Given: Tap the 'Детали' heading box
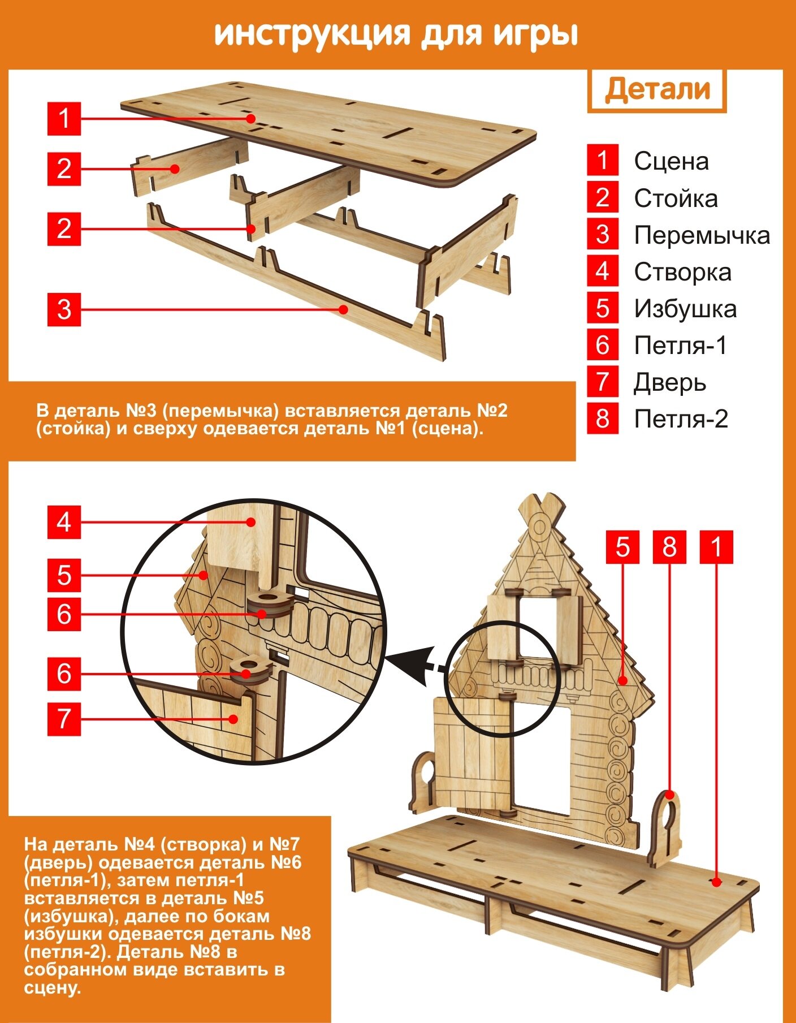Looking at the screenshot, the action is point(656,90).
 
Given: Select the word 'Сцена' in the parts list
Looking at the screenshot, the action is point(671,161).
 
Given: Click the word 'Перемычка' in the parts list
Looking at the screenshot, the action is point(702,235).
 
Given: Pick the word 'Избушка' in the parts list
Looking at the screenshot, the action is point(685,309).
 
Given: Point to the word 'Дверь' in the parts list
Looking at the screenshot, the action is point(670,382).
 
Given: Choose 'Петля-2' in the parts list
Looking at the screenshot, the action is point(681,419).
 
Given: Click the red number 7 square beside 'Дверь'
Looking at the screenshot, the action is point(602,382).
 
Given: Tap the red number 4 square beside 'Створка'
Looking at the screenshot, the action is point(602,271).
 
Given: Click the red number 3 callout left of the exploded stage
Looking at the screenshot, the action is point(64,309).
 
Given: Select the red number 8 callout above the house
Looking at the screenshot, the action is point(669,547).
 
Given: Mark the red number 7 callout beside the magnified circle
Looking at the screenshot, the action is point(64,719).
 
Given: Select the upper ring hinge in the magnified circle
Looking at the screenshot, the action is point(270,605).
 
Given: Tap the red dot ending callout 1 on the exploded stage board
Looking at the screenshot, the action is point(250,118).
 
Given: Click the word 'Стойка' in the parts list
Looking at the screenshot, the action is point(676,198).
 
